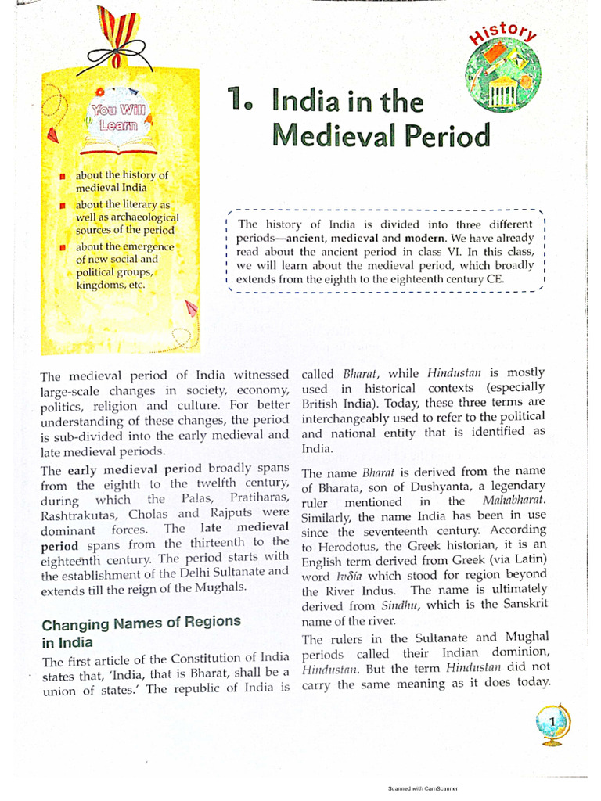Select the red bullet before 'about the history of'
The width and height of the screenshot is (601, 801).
(62, 176)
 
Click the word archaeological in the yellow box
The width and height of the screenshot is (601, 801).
(139, 217)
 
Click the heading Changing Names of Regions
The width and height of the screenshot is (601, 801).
(141, 623)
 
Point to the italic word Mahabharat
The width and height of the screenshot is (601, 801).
(514, 501)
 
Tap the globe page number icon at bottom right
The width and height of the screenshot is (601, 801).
(552, 722)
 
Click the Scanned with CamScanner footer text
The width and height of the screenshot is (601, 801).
(423, 789)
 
